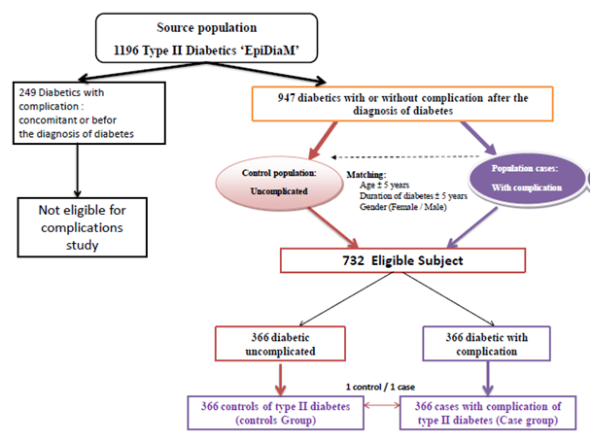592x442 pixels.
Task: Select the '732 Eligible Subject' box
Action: coord(402,261)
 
